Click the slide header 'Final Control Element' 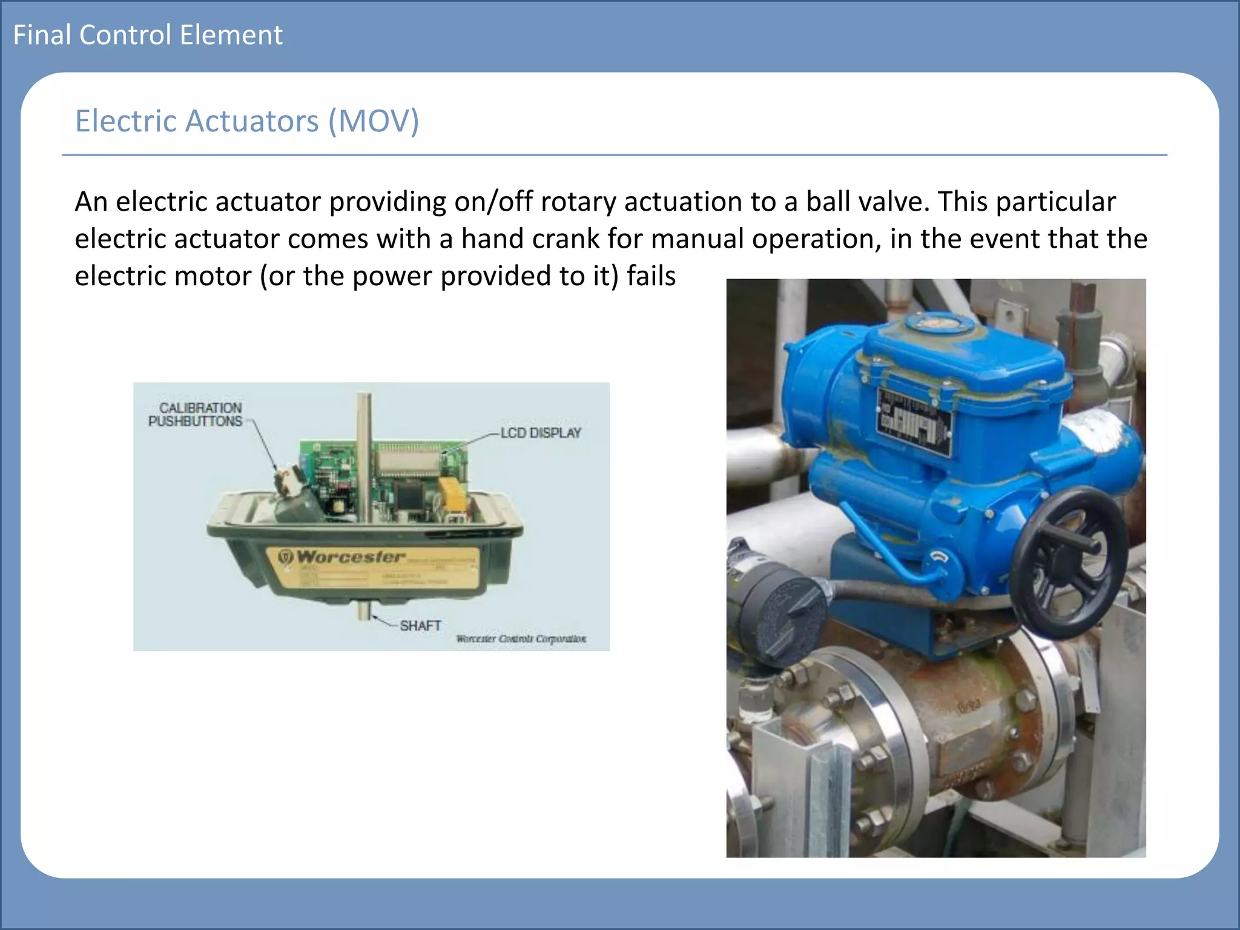[x=148, y=35]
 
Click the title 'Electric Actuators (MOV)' [x=246, y=121]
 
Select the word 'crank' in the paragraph [x=566, y=239]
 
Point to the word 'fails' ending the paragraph [x=651, y=276]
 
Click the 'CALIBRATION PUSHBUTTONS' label [x=196, y=415]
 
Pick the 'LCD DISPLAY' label [x=541, y=433]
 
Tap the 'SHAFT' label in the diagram [x=420, y=625]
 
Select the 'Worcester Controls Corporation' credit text [x=521, y=639]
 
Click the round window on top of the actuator [x=938, y=323]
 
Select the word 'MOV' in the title [x=373, y=121]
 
